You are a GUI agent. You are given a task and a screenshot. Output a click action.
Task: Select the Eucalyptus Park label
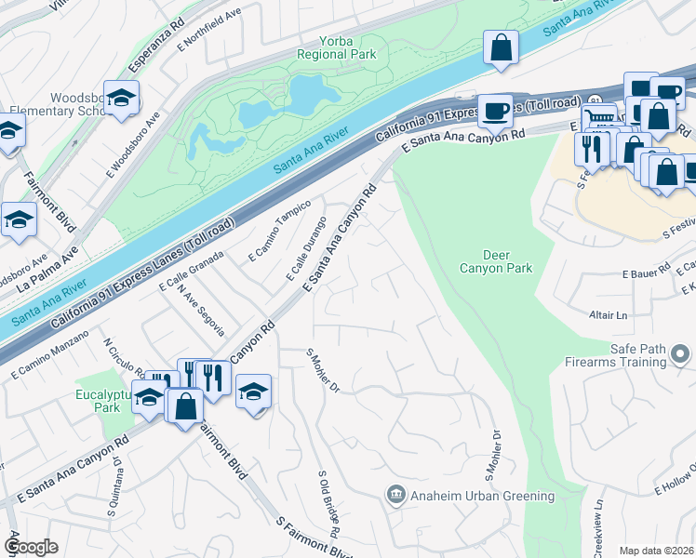100,401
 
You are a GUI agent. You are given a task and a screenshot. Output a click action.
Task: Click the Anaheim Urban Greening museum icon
395,496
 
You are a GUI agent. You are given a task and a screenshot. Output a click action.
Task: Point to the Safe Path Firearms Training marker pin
681,354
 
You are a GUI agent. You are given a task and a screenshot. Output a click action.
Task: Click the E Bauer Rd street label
646,272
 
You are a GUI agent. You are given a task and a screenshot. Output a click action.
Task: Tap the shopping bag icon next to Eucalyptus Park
185,406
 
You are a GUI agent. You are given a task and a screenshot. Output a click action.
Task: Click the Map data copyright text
656,551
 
